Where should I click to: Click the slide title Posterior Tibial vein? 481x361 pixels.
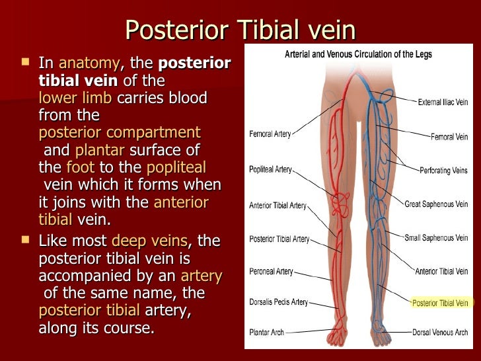click(240, 30)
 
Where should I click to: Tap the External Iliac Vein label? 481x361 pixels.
click(443, 103)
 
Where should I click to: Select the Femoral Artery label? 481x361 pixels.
click(270, 134)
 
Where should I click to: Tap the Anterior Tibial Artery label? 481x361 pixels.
click(278, 206)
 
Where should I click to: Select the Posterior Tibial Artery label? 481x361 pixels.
click(279, 239)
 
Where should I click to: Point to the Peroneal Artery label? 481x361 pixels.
click(271, 272)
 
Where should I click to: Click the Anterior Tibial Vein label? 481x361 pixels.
click(441, 271)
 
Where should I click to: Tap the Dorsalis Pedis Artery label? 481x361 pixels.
click(278, 302)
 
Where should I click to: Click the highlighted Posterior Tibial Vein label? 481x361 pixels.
click(440, 303)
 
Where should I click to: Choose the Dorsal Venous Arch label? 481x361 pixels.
click(441, 332)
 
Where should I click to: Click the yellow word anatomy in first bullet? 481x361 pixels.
click(90, 64)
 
